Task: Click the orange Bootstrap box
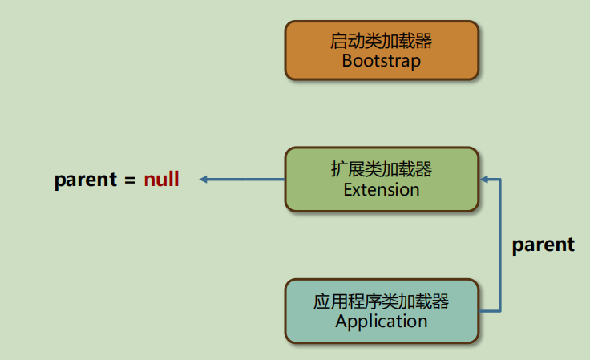click(382, 50)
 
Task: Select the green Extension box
click(382, 179)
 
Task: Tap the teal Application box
click(382, 311)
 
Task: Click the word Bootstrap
click(381, 61)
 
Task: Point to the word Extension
click(381, 189)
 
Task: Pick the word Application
click(381, 322)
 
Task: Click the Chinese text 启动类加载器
click(381, 41)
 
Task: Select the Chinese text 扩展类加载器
click(381, 169)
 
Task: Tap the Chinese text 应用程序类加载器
click(381, 301)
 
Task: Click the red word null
click(161, 179)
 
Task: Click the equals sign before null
click(130, 180)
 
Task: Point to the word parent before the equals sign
click(86, 180)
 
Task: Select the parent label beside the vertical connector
click(544, 245)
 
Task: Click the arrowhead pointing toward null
click(203, 180)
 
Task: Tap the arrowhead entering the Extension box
click(485, 180)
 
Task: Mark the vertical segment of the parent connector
click(500, 245)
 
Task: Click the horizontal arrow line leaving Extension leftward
click(242, 180)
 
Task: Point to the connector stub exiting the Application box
click(489, 311)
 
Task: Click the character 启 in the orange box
click(338, 41)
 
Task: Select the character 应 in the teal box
click(321, 301)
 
